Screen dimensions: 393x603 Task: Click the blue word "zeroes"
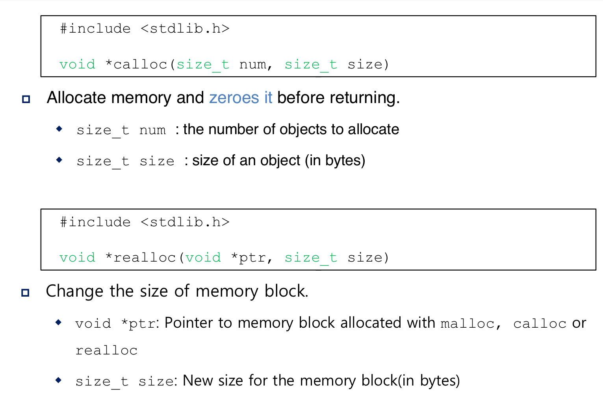[x=234, y=98]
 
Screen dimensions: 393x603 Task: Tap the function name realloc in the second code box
[x=145, y=258]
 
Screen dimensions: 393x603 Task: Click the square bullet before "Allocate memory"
[x=26, y=99]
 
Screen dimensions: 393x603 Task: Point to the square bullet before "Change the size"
[x=25, y=293]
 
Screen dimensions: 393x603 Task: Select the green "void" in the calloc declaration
[x=77, y=65]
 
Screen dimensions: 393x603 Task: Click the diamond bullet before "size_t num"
[x=59, y=129]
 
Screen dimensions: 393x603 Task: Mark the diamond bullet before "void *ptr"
[x=59, y=323]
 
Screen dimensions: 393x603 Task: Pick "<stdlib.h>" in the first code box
[x=185, y=29]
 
